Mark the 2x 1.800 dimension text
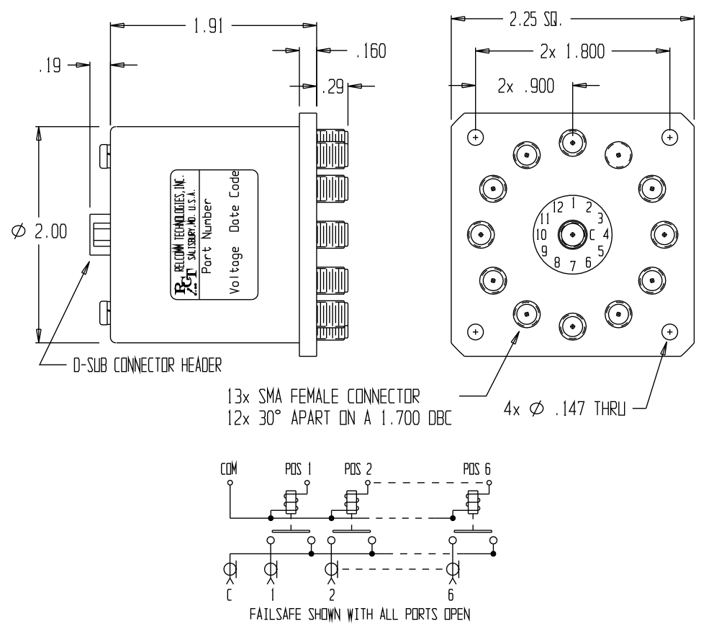[567, 53]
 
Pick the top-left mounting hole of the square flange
[475, 137]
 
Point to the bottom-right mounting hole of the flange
[670, 331]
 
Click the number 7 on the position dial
[573, 266]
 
